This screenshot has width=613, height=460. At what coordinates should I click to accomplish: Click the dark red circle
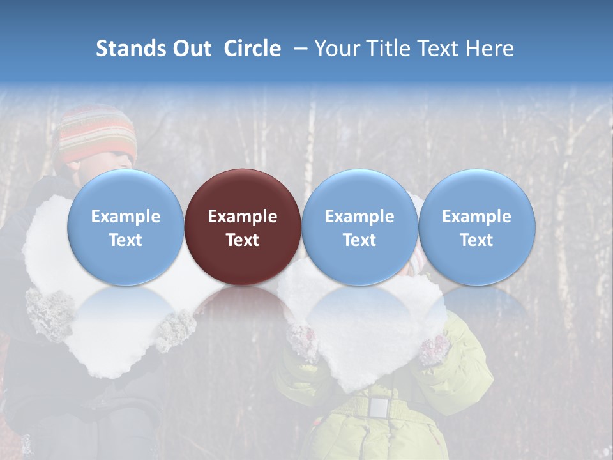click(x=243, y=227)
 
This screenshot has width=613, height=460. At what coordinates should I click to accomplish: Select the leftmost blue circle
click(x=125, y=227)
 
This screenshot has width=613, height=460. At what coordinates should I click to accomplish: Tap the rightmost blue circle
click(x=476, y=227)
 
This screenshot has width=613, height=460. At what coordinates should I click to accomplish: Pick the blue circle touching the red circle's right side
click(x=359, y=227)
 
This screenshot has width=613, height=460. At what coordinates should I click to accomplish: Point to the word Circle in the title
click(x=252, y=49)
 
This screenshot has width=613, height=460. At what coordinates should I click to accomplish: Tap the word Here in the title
click(x=490, y=49)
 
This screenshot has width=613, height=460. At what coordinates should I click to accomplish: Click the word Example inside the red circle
click(x=243, y=217)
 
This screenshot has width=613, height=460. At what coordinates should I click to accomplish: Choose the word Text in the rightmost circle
click(x=476, y=240)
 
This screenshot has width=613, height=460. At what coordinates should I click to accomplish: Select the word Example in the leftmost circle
click(x=125, y=217)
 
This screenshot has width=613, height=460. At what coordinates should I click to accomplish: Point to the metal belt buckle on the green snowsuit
click(x=379, y=406)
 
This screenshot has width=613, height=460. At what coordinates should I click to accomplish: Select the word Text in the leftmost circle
click(x=125, y=240)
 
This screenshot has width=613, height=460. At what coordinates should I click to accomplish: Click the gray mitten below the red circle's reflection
click(x=176, y=329)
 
